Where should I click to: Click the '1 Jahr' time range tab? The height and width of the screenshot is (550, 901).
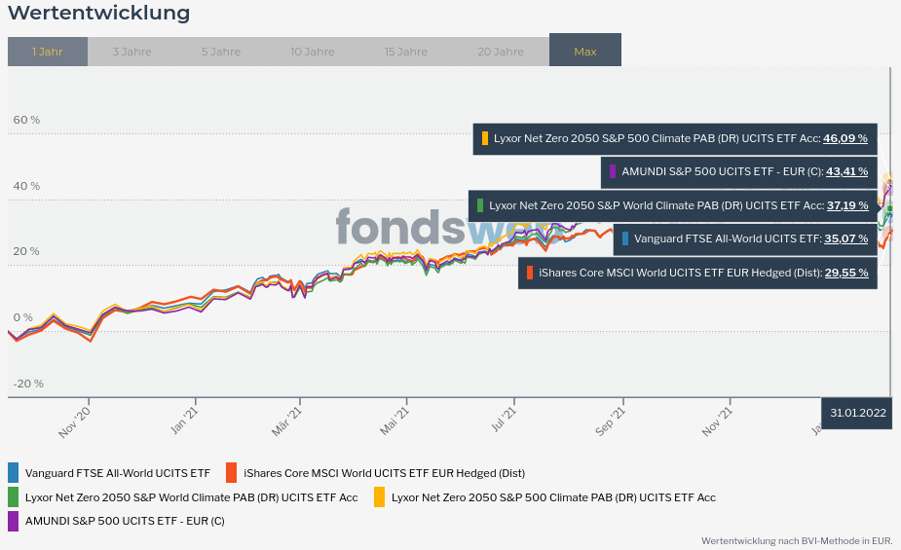tap(47, 52)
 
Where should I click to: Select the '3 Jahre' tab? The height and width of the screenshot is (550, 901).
tap(131, 52)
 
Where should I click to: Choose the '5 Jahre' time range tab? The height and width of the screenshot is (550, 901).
tap(221, 52)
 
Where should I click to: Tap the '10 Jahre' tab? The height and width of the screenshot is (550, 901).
tap(312, 52)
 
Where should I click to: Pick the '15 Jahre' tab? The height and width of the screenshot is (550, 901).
tap(405, 52)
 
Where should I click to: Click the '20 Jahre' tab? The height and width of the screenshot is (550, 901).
tap(501, 52)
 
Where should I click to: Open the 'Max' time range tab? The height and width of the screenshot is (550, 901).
tap(585, 52)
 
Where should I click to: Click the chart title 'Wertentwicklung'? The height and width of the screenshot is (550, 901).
tap(98, 14)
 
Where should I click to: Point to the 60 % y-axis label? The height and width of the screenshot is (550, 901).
tap(26, 120)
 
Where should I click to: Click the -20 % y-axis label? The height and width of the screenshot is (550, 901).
tap(28, 383)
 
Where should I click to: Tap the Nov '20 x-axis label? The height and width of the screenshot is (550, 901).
tap(75, 422)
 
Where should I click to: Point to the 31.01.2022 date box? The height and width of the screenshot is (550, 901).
tap(858, 413)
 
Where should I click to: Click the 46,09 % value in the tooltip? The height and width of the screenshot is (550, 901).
tap(845, 138)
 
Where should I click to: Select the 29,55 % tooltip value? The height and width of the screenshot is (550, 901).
tap(846, 273)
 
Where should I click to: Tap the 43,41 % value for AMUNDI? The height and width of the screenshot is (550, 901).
tap(846, 171)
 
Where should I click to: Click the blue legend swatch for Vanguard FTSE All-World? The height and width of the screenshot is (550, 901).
tap(14, 473)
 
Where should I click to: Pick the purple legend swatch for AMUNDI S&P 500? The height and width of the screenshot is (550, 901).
tap(14, 521)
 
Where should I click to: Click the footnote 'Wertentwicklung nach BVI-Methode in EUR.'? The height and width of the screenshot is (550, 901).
tap(797, 540)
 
